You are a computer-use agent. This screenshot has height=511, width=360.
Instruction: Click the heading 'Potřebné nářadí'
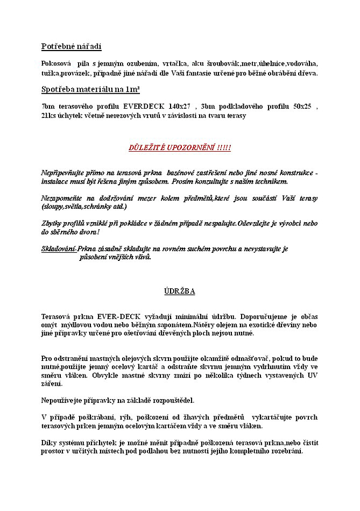(x=71, y=47)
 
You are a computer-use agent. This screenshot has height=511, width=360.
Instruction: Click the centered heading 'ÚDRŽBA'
(x=179, y=291)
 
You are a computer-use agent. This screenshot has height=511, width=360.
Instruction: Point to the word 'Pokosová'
(x=57, y=63)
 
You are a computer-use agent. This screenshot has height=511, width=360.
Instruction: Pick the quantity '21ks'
(x=49, y=116)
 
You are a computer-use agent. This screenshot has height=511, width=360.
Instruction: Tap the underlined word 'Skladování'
(x=58, y=249)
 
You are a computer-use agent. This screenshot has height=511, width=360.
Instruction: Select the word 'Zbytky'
(x=52, y=223)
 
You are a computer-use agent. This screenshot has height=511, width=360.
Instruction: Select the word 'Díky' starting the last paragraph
(x=49, y=443)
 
